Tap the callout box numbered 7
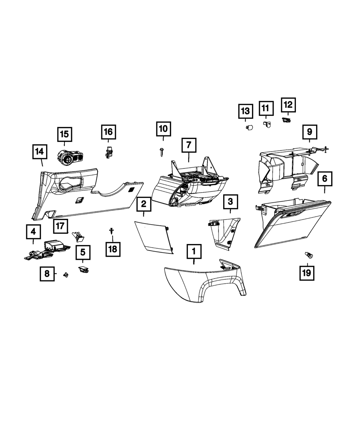click(189, 145)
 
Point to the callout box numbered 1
click(194, 251)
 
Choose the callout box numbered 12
click(288, 105)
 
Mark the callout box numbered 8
click(47, 273)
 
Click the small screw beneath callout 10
click(161, 153)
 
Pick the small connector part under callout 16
click(107, 153)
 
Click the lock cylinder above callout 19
click(309, 256)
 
